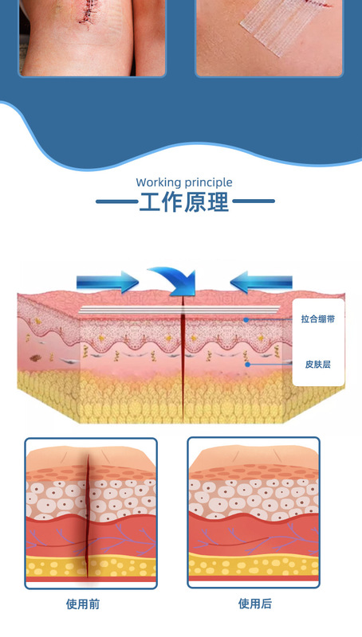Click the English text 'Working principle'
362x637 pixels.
point(184,182)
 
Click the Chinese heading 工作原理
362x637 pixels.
point(184,201)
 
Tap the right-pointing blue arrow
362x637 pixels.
point(108,282)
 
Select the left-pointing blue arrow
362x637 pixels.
point(261,282)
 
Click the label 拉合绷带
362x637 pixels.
point(318,319)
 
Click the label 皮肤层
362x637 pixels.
point(317,365)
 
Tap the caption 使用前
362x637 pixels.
point(83,604)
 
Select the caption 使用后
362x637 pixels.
point(255,604)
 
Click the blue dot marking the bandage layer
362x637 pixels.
point(246,320)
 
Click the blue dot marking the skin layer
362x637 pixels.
point(247,365)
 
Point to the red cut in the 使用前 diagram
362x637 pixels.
point(87,516)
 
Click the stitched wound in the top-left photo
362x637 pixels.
point(88,11)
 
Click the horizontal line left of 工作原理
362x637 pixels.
point(117,201)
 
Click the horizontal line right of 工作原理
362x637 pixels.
point(253,201)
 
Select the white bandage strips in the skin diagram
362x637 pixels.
point(179,310)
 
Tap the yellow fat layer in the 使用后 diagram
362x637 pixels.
point(254,565)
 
